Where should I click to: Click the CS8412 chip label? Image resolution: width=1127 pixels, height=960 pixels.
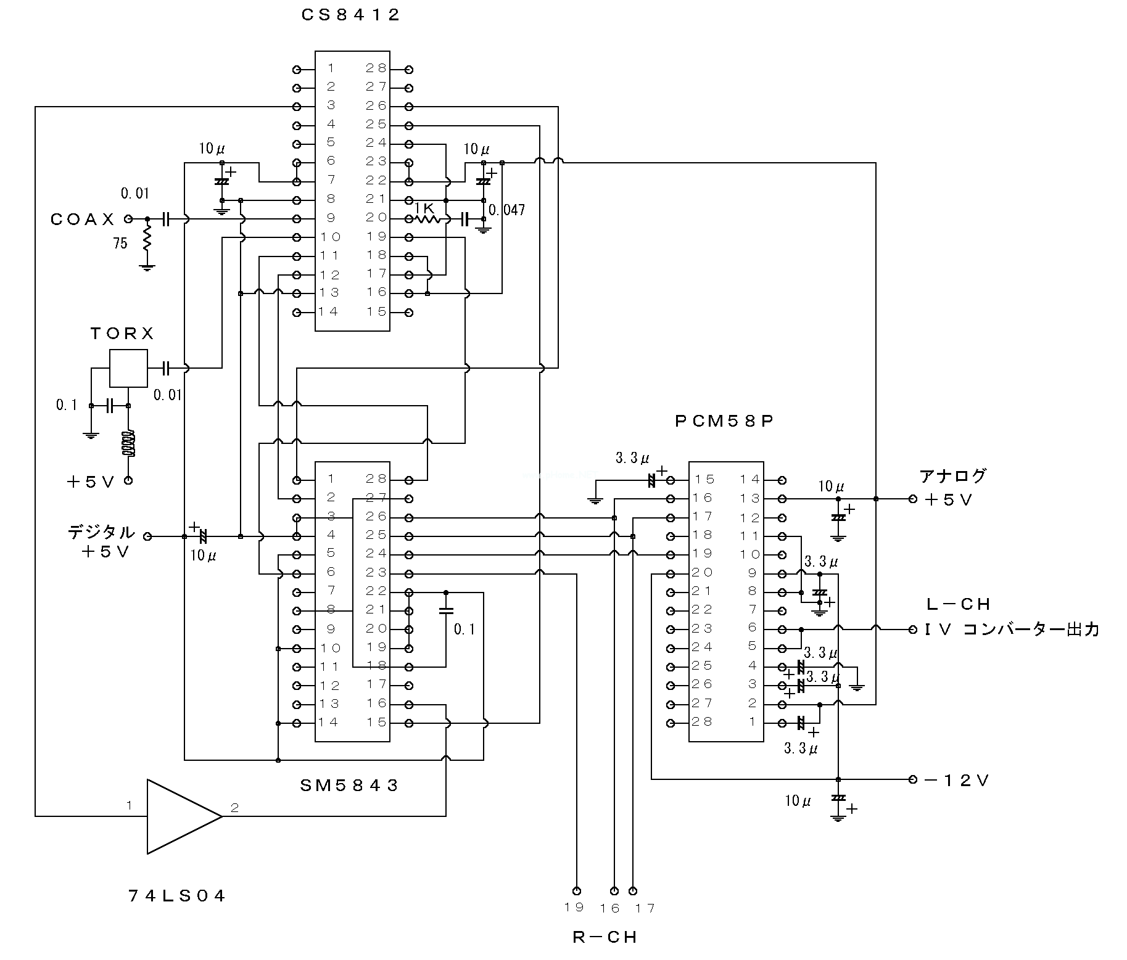pos(351,15)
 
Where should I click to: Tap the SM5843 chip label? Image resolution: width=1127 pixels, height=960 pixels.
pos(349,785)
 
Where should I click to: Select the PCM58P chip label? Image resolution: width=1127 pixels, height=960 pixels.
pos(725,421)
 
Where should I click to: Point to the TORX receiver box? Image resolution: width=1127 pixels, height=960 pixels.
pos(128,368)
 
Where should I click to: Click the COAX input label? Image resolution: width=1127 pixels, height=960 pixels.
pos(83,219)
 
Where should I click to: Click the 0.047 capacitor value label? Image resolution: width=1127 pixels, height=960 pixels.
pos(506,210)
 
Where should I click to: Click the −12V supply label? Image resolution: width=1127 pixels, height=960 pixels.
pos(957,781)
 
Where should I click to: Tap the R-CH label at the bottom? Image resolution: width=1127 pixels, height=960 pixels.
pos(605,937)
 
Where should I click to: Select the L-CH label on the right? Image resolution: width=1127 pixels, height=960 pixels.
pos(958,604)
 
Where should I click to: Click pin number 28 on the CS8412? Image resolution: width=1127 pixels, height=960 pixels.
pos(376,68)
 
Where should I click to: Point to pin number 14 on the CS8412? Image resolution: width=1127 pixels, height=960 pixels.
pos(329,311)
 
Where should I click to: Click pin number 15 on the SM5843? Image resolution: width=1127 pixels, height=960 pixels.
pos(376,722)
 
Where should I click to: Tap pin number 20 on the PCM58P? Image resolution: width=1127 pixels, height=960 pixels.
pos(703,573)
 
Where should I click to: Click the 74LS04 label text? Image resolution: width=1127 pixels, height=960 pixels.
pos(178,896)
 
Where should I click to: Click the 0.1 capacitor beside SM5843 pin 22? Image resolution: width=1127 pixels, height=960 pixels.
pos(446,611)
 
